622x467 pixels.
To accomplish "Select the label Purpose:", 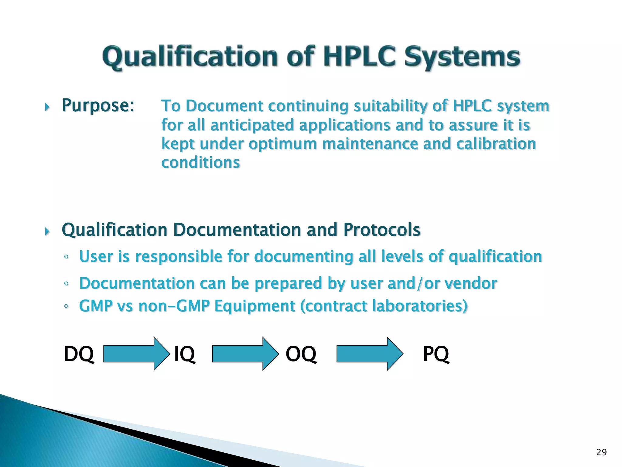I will pyautogui.click(x=98, y=106).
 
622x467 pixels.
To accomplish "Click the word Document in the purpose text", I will pyautogui.click(x=224, y=106).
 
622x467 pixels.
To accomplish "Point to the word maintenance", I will pyautogui.click(x=370, y=144).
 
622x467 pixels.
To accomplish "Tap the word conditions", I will pyautogui.click(x=200, y=163).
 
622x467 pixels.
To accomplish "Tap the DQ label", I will pyautogui.click(x=79, y=354).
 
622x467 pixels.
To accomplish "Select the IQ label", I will pyautogui.click(x=184, y=354).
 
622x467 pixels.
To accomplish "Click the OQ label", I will pyautogui.click(x=301, y=354).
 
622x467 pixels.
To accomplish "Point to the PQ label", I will pyautogui.click(x=436, y=354).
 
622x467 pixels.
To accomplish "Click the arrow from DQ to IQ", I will pyautogui.click(x=137, y=354).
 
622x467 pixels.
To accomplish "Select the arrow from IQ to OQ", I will pyautogui.click(x=245, y=354).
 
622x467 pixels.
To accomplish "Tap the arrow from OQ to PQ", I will pyautogui.click(x=370, y=354).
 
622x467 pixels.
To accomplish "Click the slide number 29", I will pyautogui.click(x=601, y=452).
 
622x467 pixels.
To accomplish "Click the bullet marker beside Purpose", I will pyautogui.click(x=47, y=107).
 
